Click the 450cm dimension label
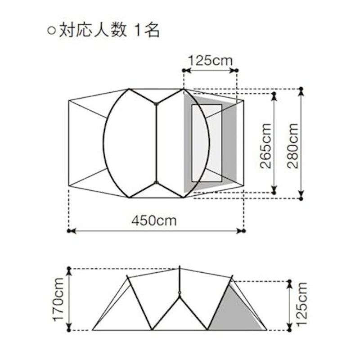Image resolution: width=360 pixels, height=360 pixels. (x=154, y=220)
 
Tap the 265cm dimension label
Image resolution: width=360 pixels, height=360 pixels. (x=266, y=146)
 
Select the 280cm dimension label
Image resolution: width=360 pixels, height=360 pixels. (x=293, y=146)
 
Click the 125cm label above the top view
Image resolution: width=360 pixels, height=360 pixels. (x=210, y=61)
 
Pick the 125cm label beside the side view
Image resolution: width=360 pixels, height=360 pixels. (x=301, y=304)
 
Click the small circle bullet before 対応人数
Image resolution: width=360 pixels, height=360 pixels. (x=51, y=31)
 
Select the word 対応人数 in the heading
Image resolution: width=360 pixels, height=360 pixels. (x=93, y=31)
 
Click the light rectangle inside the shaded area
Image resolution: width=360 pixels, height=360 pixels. (x=207, y=143)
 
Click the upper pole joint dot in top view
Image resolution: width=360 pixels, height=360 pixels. (x=156, y=104)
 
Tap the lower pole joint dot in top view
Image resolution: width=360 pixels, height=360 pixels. (x=156, y=183)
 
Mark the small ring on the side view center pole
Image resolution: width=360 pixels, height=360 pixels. (x=180, y=292)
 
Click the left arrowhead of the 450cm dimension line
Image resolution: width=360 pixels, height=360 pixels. (x=72, y=231)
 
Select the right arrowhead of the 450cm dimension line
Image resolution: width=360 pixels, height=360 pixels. (x=240, y=231)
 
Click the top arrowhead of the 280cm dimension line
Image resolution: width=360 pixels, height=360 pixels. (x=301, y=92)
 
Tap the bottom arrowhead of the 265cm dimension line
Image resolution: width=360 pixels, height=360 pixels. (x=274, y=189)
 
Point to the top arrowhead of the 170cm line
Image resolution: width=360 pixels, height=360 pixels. (x=69, y=272)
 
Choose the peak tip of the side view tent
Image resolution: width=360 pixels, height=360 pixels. (x=180, y=267)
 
